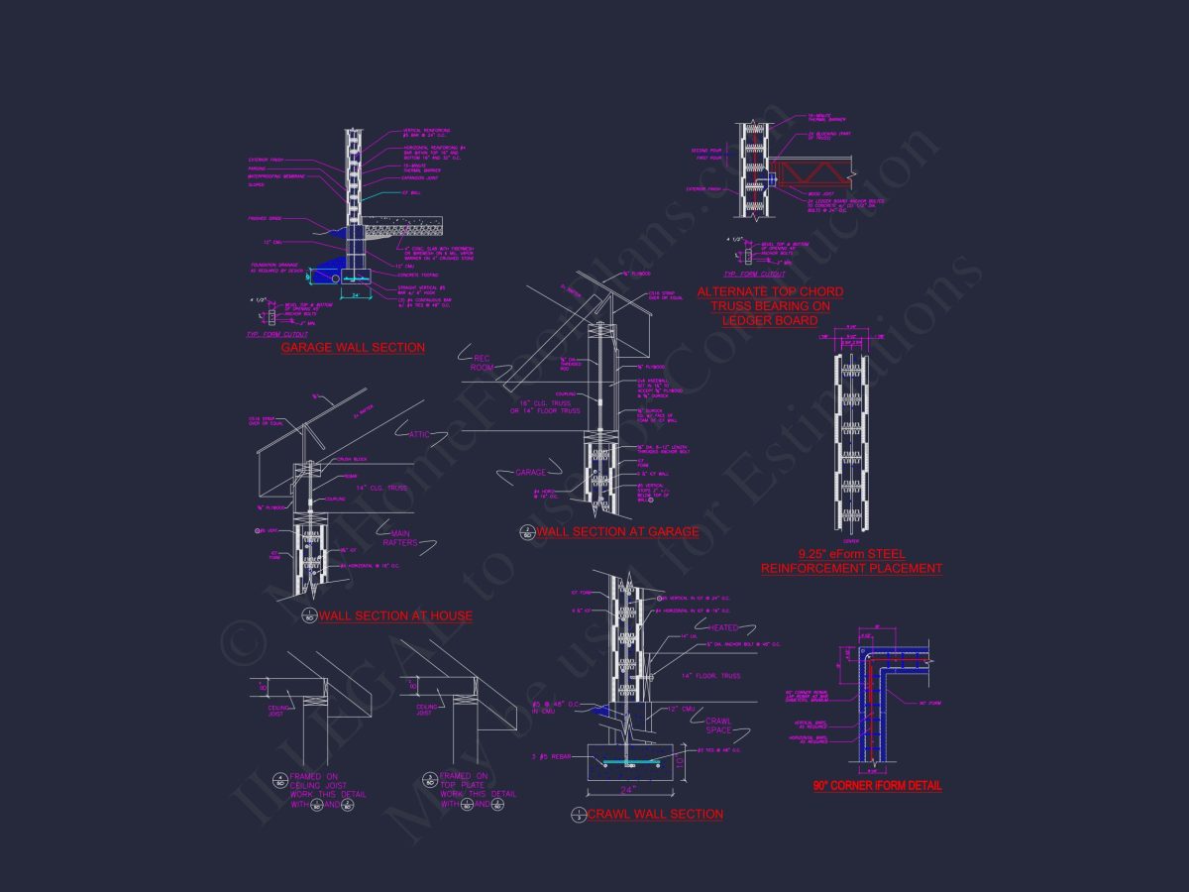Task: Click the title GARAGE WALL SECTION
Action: pyautogui.click(x=353, y=348)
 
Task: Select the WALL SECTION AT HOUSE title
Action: pyautogui.click(x=395, y=615)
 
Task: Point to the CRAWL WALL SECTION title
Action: pyautogui.click(x=655, y=814)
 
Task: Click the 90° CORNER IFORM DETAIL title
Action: pyautogui.click(x=877, y=786)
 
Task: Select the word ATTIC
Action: pyautogui.click(x=420, y=435)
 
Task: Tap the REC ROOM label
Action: pyautogui.click(x=483, y=363)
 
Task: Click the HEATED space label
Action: pyautogui.click(x=724, y=628)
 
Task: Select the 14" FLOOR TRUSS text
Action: pyautogui.click(x=711, y=676)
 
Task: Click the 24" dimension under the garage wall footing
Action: pyautogui.click(x=354, y=294)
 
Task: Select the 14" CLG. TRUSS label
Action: pyautogui.click(x=356, y=488)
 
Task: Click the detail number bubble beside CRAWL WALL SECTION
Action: pyautogui.click(x=577, y=815)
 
